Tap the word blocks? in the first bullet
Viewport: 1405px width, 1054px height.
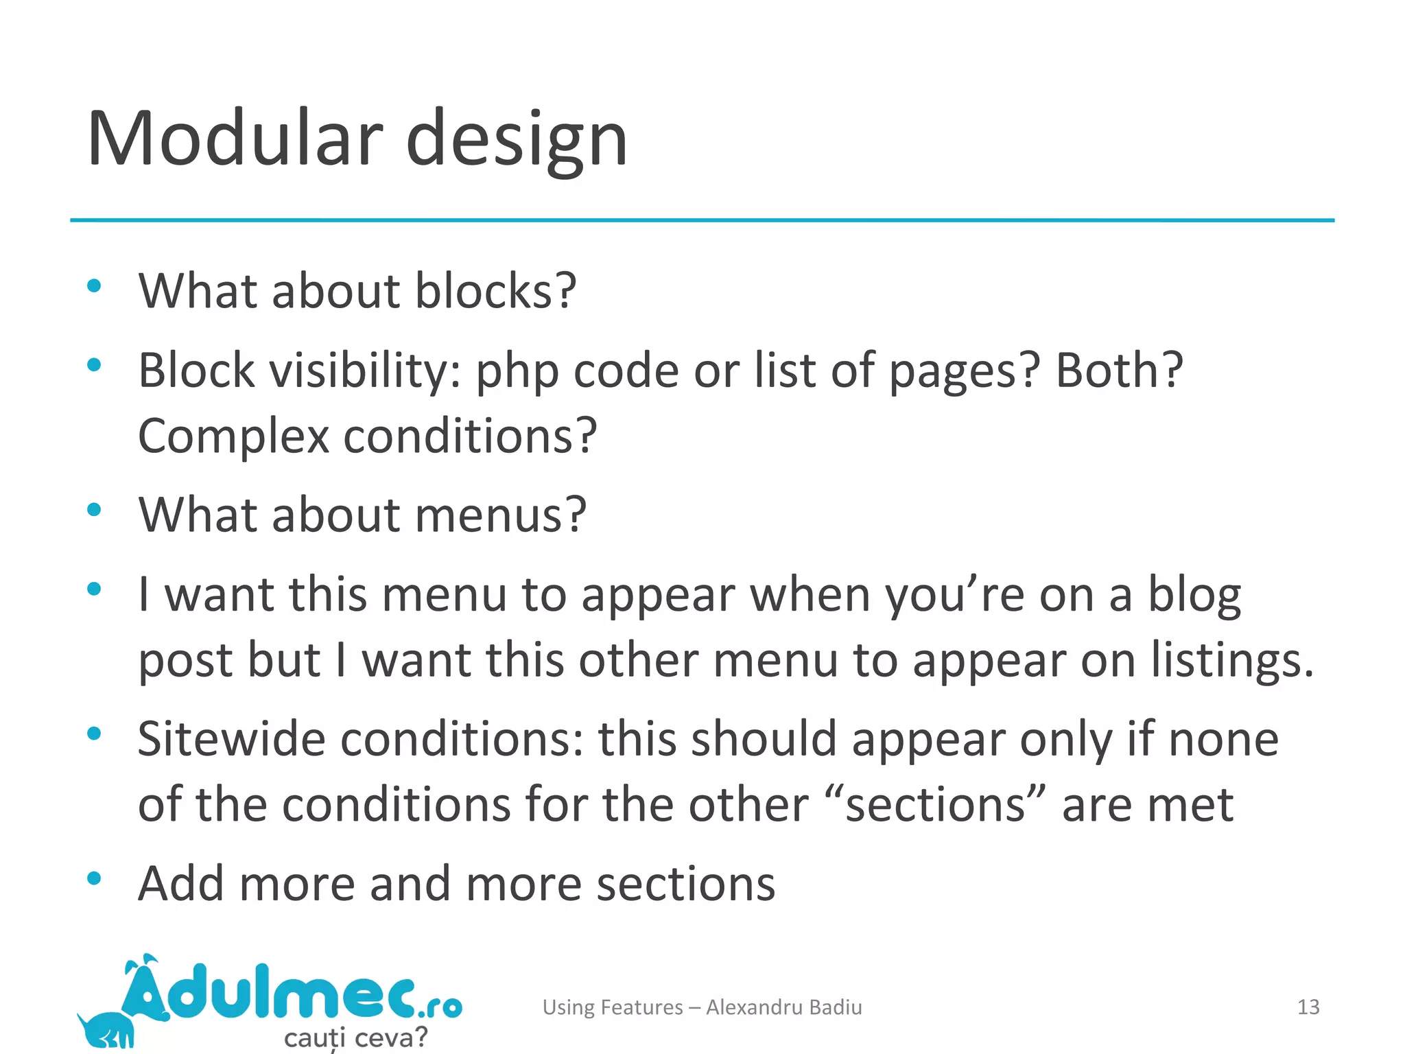(x=495, y=291)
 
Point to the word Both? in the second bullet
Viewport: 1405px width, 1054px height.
(x=1119, y=370)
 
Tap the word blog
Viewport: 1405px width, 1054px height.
(x=1194, y=596)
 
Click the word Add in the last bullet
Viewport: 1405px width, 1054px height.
(x=181, y=884)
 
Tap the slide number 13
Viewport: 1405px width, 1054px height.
(x=1308, y=1007)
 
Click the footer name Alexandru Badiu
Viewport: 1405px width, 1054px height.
(x=783, y=1007)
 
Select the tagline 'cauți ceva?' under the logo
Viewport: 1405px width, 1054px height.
(x=355, y=1037)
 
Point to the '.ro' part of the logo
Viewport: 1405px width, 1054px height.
(x=439, y=1007)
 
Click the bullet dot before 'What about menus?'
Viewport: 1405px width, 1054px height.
(x=95, y=510)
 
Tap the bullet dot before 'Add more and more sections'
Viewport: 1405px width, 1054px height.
(x=95, y=878)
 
